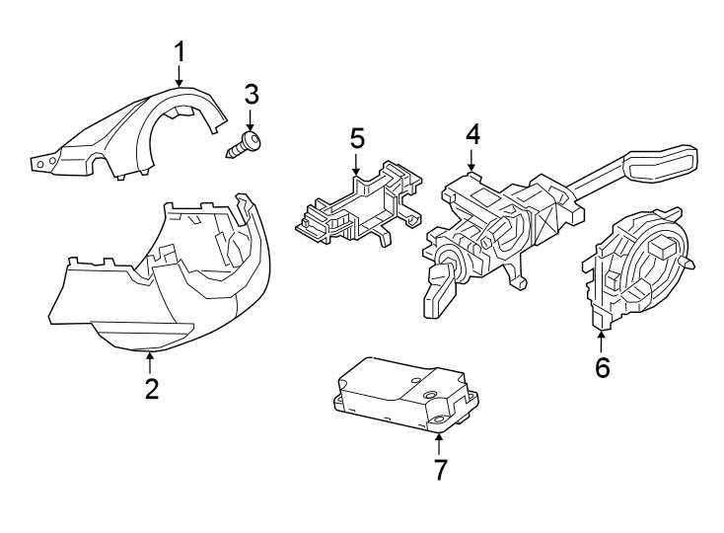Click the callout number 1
coord(180,51)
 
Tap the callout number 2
coord(152,389)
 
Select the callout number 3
coord(252,94)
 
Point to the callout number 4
coord(472,135)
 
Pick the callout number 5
coord(357,138)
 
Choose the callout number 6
coord(602,367)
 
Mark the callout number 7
coord(441,470)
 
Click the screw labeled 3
coord(244,144)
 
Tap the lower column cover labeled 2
coord(159,277)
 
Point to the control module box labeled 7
coord(405,395)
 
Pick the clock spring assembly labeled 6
coord(638,268)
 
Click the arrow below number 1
coord(180,75)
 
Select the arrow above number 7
coord(438,445)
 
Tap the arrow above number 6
coord(601,343)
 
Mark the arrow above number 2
coord(149,363)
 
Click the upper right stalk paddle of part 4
coord(660,164)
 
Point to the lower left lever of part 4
coord(440,292)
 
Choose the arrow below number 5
coord(356,164)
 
